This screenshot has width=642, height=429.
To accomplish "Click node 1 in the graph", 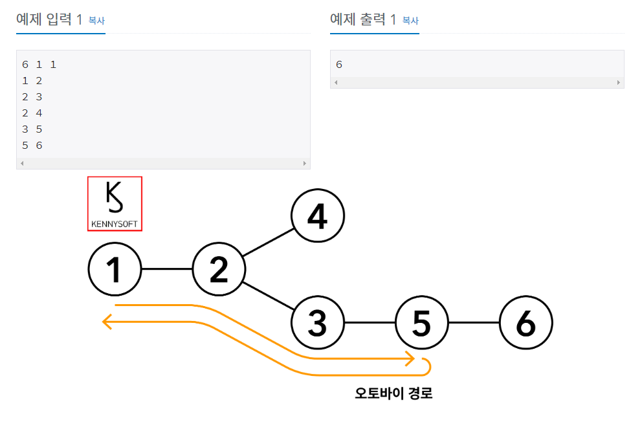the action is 115,269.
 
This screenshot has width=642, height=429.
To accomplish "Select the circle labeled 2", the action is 219,269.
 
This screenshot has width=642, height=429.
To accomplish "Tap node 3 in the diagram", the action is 317,322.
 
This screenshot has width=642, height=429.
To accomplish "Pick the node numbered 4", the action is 317,216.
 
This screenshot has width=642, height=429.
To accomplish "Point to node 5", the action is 421,322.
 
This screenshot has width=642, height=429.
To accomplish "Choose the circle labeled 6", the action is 526,322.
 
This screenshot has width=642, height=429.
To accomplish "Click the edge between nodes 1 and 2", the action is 167,269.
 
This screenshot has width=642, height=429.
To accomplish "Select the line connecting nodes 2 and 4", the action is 268,243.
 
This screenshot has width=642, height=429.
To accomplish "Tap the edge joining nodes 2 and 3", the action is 268,296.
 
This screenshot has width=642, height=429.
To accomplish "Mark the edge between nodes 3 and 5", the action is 370,322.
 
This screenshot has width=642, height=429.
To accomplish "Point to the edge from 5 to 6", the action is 474,322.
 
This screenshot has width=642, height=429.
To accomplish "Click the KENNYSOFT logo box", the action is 115,203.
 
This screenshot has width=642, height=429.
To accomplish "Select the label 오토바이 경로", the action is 393,393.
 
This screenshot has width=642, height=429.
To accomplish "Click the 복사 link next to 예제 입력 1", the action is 96,21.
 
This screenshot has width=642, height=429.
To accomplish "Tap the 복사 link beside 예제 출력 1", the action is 410,21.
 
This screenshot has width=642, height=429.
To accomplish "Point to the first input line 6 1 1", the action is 39,65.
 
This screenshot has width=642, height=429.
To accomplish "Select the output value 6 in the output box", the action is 339,65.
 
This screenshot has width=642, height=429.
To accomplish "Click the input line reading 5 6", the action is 32,146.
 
